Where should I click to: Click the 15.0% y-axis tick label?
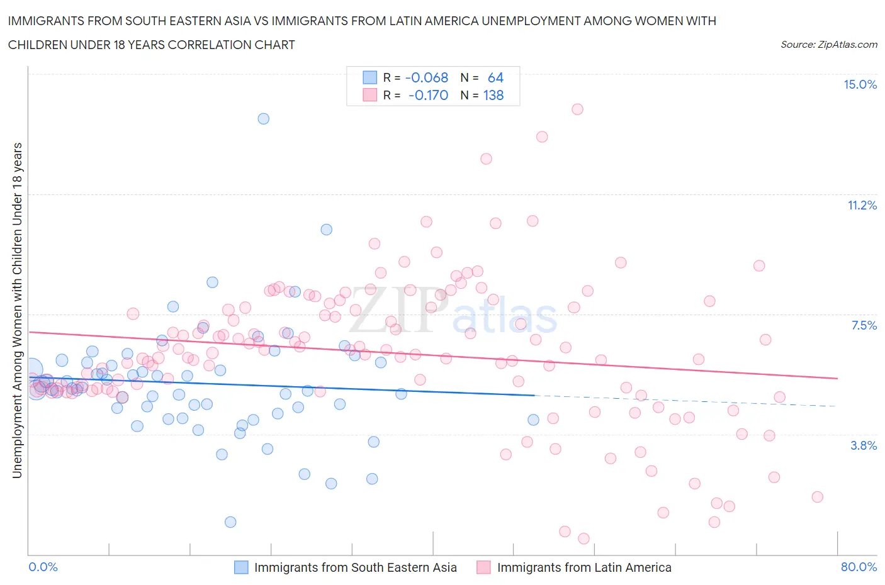click(860, 85)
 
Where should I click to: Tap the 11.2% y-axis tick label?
click(862, 205)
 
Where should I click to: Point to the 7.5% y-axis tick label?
click(864, 325)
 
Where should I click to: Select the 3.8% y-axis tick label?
click(864, 445)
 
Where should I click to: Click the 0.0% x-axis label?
click(43, 567)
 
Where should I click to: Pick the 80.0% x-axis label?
click(859, 567)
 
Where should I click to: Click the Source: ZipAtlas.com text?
click(828, 44)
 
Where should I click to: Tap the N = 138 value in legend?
click(482, 95)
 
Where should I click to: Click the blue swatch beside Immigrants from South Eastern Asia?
click(241, 567)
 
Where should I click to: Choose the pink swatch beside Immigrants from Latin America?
click(483, 567)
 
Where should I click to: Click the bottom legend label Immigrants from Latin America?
click(583, 567)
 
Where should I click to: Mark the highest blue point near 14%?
click(264, 119)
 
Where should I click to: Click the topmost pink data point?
click(577, 109)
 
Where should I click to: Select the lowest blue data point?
click(230, 522)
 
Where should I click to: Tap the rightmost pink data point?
click(817, 497)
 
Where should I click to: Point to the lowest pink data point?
click(583, 538)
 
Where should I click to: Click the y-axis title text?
click(17, 310)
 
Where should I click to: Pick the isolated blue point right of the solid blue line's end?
click(533, 420)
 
